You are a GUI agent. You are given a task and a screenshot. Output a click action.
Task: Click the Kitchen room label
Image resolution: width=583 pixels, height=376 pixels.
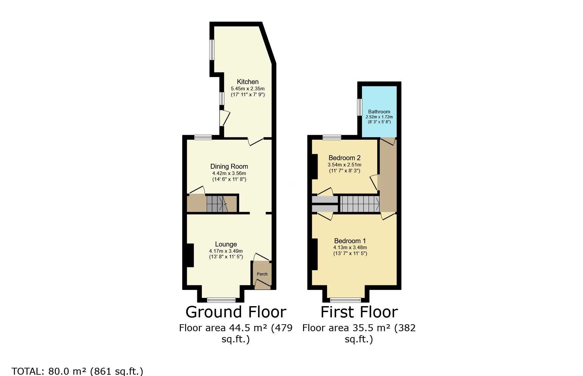click(248, 82)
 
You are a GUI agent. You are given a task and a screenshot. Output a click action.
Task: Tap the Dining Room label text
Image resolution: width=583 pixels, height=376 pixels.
click(229, 166)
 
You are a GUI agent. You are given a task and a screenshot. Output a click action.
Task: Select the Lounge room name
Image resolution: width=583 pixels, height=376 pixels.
click(226, 244)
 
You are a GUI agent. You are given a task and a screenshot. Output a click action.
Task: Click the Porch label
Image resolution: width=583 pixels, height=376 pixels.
click(262, 274)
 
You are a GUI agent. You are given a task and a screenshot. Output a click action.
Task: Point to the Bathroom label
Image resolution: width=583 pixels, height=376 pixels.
click(379, 112)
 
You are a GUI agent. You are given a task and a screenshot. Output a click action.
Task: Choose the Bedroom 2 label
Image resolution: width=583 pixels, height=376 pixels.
click(345, 158)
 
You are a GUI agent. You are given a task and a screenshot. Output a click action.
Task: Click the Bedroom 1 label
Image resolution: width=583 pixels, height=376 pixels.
click(350, 241)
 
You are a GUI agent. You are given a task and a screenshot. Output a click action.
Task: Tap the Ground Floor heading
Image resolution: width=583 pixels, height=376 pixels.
click(236, 312)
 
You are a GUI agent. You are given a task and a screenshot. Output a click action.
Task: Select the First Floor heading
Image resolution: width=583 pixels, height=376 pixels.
click(359, 312)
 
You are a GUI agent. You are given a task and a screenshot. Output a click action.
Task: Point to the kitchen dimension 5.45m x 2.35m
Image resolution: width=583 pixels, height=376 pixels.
click(248, 89)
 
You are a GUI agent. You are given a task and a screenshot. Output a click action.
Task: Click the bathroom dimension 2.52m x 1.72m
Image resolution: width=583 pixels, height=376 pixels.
click(379, 117)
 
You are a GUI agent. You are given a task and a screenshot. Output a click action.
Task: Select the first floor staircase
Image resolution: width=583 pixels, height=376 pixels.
click(360, 204)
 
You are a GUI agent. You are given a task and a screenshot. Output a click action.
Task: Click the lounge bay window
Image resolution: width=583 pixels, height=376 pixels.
click(221, 300)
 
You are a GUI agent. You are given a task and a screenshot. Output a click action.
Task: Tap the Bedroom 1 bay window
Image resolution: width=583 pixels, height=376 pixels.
click(346, 300)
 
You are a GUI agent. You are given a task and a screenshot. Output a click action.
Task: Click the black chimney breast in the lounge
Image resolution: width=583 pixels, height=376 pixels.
click(190, 255)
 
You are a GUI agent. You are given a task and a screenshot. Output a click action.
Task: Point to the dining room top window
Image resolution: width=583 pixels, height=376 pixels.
click(203, 138)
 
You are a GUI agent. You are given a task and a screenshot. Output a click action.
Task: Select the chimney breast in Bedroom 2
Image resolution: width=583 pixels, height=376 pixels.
click(315, 166)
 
